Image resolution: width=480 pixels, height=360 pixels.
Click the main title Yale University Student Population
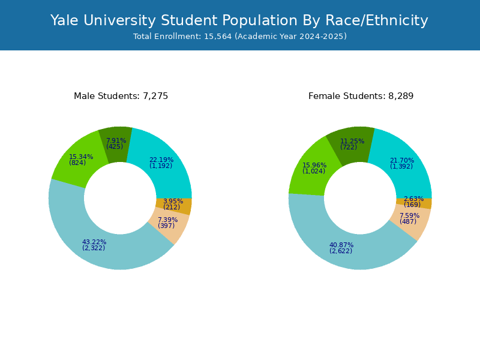pos(239,20)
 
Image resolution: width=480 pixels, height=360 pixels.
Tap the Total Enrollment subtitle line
pos(239,37)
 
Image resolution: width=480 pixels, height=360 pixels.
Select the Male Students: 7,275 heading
pos(121,96)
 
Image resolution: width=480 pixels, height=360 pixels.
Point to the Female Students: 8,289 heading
pos(361,96)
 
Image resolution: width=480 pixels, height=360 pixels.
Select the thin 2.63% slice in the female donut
pos(422,203)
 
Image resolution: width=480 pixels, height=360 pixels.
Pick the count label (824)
pos(77,163)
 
